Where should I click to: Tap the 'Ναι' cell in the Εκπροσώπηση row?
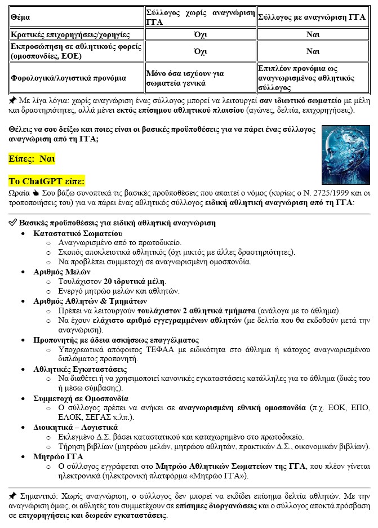coord(313,51)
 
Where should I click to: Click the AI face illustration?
coord(346,149)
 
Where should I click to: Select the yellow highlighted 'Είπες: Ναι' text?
coord(32,159)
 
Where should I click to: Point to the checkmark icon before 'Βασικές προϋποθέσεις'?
coord(13,223)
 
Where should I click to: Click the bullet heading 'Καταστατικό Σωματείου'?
coord(78,233)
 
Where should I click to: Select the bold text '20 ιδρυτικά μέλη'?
coord(135,281)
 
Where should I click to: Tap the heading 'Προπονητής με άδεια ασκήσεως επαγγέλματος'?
coord(116,340)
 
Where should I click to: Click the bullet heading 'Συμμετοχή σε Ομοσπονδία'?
coord(81,398)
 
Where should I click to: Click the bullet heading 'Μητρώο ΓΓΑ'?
coord(58,456)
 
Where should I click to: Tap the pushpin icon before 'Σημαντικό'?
coord(13,496)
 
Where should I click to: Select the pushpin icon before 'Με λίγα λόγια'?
coord(13,100)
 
